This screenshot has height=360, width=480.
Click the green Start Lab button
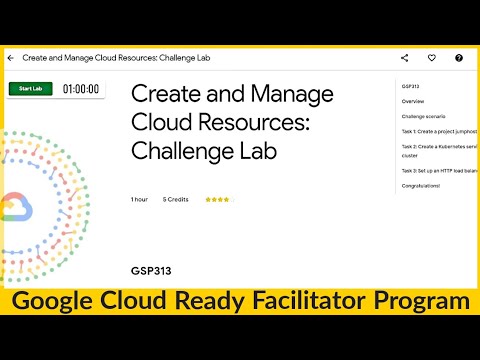point(30,89)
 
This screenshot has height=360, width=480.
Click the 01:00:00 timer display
point(81,89)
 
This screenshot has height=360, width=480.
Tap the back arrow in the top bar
point(10,58)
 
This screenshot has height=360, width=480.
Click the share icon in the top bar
point(404,58)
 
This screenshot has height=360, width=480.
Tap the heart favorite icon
point(431,58)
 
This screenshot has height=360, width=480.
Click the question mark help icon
point(459,58)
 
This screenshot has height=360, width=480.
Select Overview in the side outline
point(413,102)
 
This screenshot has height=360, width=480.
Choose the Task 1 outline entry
point(438,131)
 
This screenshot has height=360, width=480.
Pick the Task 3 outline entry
point(438,171)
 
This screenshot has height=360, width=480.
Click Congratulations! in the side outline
point(420,185)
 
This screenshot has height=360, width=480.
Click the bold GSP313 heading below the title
point(149,271)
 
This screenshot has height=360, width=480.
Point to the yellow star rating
point(217,199)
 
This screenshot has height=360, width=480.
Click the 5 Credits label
point(176,199)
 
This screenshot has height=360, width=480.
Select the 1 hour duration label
point(139,199)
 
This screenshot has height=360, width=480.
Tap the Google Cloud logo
point(16,208)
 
